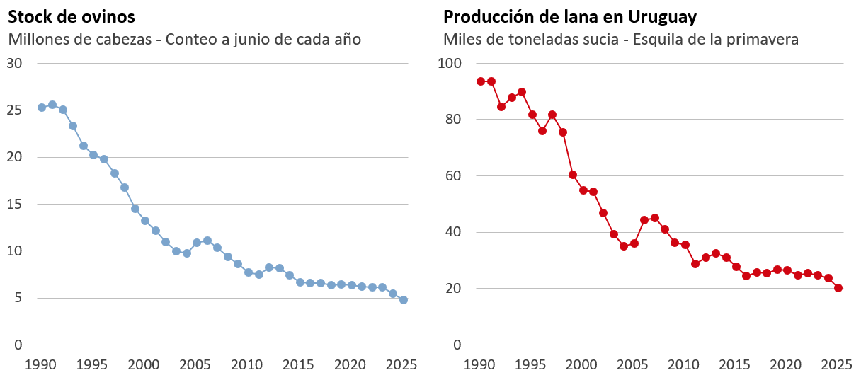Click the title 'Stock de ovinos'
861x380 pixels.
click(72, 17)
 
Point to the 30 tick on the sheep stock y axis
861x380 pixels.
click(14, 64)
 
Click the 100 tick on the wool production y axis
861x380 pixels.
click(450, 64)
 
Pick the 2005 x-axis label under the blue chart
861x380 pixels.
click(195, 364)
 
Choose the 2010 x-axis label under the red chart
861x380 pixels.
click(683, 364)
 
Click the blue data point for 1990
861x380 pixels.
click(42, 108)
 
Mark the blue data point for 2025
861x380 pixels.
click(403, 300)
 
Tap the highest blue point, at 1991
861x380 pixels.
click(52, 105)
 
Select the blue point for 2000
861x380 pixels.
click(145, 221)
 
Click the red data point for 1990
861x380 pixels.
click(481, 81)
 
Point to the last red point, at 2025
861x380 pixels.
click(838, 288)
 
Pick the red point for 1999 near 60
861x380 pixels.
click(572, 175)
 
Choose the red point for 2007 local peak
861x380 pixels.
click(654, 218)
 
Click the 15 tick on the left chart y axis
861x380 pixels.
click(14, 204)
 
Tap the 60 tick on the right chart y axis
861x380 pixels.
click(453, 176)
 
